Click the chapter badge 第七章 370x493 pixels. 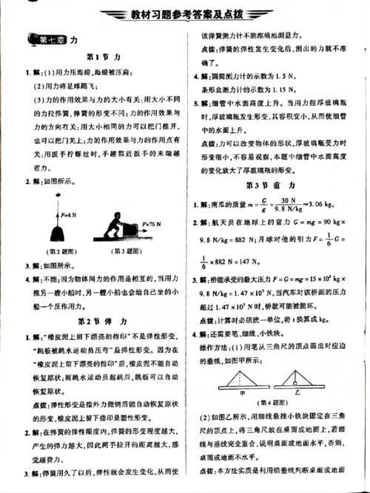coord(45,41)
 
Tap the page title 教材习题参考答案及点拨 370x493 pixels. coord(185,15)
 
